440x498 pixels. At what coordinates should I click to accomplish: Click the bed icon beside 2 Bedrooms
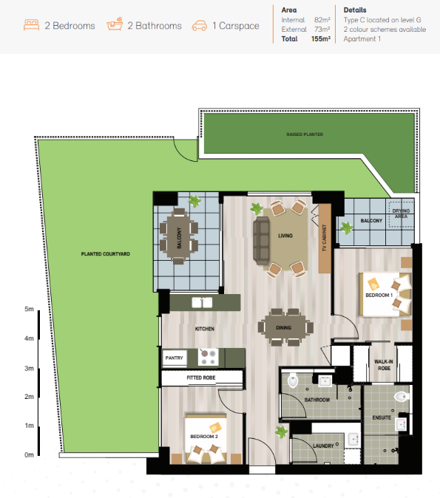pos(31,25)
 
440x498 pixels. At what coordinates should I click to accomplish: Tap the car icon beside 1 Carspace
pos(200,26)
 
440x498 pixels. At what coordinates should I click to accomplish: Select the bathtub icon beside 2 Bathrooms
pos(115,24)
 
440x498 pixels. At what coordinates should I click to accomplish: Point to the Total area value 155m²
pos(321,38)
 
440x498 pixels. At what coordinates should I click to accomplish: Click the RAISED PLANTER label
pos(305,134)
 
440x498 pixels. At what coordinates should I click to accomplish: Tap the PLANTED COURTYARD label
pos(106,254)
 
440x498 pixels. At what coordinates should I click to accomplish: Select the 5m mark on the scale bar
pos(29,309)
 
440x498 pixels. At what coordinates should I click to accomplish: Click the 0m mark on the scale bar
pos(29,455)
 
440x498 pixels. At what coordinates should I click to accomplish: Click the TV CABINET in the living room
pos(325,238)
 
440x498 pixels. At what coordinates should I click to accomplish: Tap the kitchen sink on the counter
pos(202,302)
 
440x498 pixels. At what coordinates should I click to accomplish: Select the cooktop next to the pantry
pos(209,357)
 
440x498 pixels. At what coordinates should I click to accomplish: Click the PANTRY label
pos(175,358)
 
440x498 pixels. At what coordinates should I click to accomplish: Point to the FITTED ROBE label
pos(201,378)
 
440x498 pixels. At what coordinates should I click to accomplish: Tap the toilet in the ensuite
pos(402,396)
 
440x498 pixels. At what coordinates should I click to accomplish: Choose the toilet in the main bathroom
pos(293,381)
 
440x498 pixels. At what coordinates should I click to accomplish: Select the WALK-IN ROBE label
pos(384,365)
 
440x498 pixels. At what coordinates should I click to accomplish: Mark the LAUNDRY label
pos(323,446)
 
